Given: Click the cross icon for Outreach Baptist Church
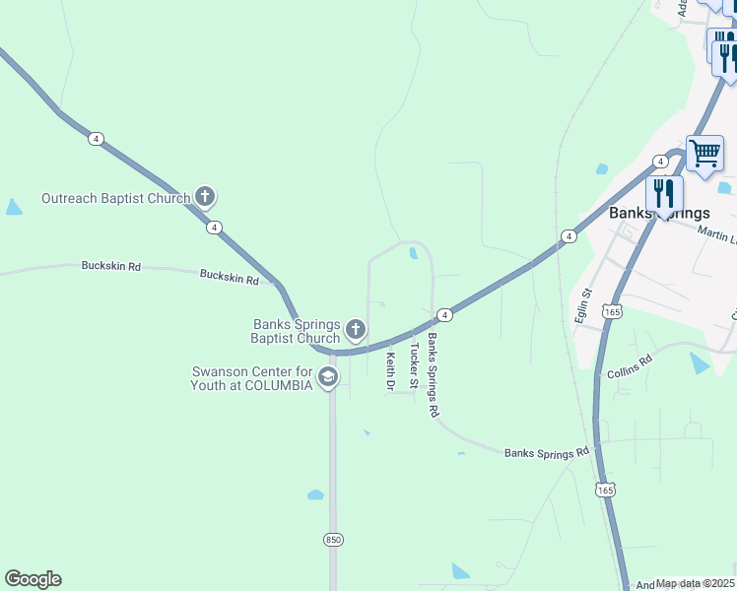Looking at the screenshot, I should pyautogui.click(x=205, y=197).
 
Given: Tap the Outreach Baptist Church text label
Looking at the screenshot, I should pyautogui.click(x=114, y=198).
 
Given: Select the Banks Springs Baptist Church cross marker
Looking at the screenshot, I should pyautogui.click(x=356, y=330).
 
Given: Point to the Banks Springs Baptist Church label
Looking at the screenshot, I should pyautogui.click(x=297, y=331).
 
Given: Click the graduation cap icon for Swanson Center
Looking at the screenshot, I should pyautogui.click(x=328, y=376).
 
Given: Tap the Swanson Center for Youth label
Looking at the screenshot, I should pyautogui.click(x=251, y=377).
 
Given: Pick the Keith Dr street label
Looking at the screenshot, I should pyautogui.click(x=390, y=371).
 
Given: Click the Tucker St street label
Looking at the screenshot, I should pyautogui.click(x=414, y=378).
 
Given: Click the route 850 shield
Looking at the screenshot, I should pyautogui.click(x=333, y=539).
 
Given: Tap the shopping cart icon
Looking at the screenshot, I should pyautogui.click(x=704, y=154).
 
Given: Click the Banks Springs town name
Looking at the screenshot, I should pyautogui.click(x=659, y=213).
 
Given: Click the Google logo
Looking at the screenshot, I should pyautogui.click(x=33, y=579).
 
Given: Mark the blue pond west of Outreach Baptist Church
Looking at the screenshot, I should pyautogui.click(x=13, y=207).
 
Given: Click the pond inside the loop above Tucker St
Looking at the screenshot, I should pyautogui.click(x=413, y=253).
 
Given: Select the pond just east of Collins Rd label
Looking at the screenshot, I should pyautogui.click(x=699, y=362).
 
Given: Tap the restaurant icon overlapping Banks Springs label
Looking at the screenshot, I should pyautogui.click(x=664, y=194).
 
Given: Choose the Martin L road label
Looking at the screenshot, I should pyautogui.click(x=716, y=234).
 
